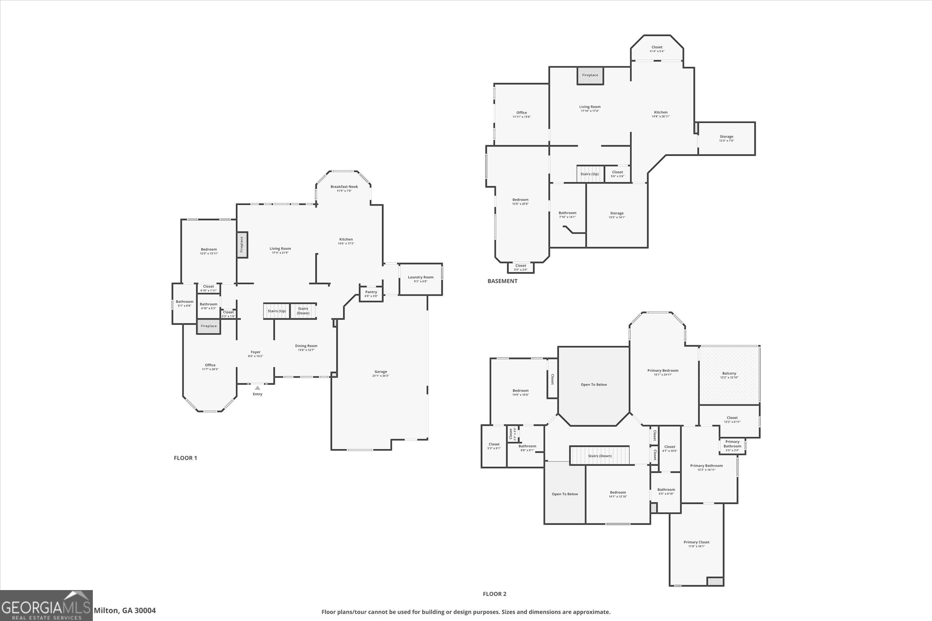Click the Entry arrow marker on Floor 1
coord(258,388)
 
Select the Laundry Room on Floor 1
coord(420,279)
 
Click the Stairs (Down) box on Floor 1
coord(303,311)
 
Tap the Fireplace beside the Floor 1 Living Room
coord(242,245)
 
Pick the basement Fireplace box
coord(590,76)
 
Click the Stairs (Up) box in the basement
coord(590,174)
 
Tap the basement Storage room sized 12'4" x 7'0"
coord(726,138)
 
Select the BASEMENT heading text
coord(502,281)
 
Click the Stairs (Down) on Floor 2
coord(599,456)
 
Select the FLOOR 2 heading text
coord(494,594)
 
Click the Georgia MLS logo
coord(46,606)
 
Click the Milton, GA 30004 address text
coord(125,611)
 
